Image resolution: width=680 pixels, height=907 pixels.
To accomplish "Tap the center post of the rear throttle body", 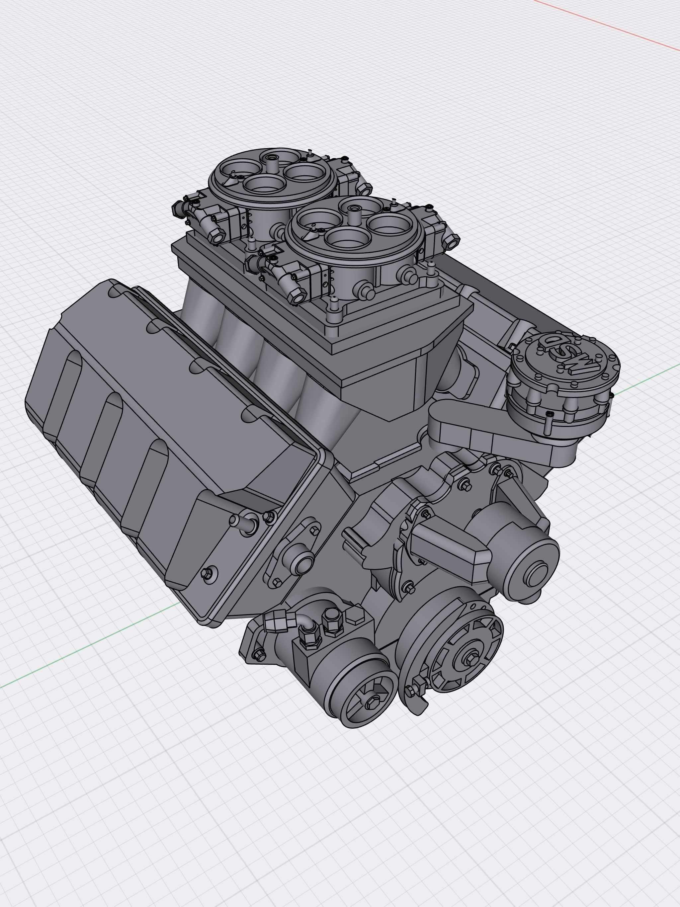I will [272, 162].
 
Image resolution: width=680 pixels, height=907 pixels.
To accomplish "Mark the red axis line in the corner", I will [607, 25].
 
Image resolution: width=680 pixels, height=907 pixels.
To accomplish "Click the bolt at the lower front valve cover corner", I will [209, 572].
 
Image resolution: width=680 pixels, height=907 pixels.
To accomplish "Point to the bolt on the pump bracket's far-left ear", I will [258, 656].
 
